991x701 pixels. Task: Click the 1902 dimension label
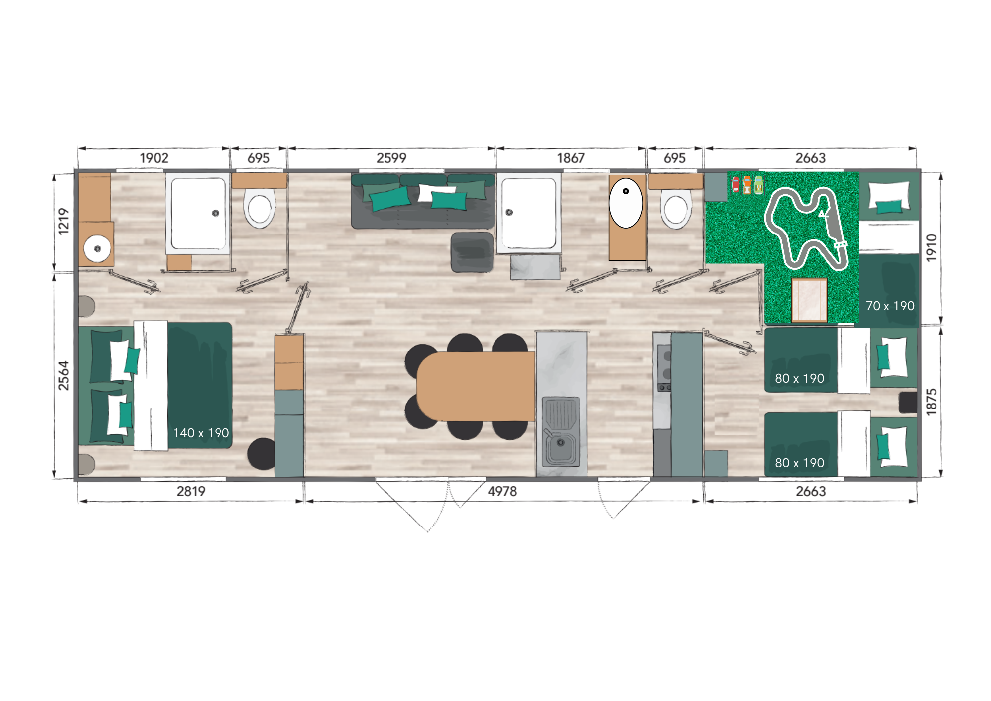click(x=154, y=158)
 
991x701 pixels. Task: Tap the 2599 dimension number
click(x=391, y=158)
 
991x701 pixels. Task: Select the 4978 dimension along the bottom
click(x=502, y=491)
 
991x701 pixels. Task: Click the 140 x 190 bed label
click(x=201, y=433)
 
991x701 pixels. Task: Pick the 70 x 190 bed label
click(x=890, y=306)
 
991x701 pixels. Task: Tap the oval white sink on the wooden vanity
click(x=626, y=203)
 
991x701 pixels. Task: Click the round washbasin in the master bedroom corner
click(x=97, y=248)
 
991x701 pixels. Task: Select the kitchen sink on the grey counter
click(x=561, y=431)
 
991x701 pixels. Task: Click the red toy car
click(x=736, y=184)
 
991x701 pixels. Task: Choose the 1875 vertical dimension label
click(x=932, y=402)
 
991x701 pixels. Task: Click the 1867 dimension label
click(x=571, y=158)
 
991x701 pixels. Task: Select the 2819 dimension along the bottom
click(x=191, y=491)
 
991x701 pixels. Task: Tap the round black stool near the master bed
click(x=262, y=454)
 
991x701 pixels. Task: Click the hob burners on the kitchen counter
click(x=664, y=367)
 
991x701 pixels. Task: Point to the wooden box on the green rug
click(x=809, y=300)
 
